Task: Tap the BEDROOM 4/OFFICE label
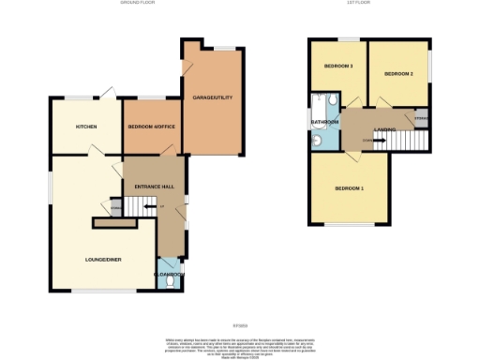151,127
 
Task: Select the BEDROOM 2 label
398,73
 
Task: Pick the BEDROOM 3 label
338,67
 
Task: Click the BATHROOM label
324,122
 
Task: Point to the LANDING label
383,129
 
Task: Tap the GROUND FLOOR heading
137,4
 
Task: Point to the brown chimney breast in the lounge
115,223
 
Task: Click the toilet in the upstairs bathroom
318,141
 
